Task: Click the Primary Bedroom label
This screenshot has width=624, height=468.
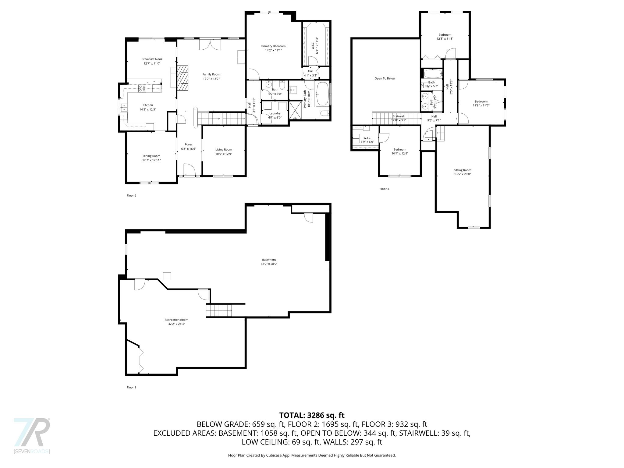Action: point(273,46)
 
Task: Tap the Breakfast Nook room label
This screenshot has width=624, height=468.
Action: point(152,59)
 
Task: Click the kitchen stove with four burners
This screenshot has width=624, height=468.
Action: point(142,88)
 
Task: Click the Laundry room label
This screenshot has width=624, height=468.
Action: point(275,113)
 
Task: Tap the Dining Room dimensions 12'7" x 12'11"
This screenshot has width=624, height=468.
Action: point(151,160)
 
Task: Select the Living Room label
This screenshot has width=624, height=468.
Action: point(224,150)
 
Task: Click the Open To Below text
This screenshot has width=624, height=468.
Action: point(385,78)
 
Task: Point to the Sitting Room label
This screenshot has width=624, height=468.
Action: point(463,170)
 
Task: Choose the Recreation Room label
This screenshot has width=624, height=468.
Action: point(176,320)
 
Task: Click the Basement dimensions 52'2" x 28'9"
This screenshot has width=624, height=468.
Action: point(269,264)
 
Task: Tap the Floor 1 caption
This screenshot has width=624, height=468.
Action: point(131,387)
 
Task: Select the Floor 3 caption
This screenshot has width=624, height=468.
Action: point(384,189)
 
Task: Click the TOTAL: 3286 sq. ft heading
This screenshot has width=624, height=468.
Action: point(312,415)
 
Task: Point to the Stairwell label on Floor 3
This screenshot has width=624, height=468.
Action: point(399,116)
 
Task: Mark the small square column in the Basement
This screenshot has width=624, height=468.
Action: point(167,276)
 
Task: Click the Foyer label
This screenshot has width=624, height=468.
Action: point(189,144)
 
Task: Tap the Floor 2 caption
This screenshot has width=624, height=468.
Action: point(131,196)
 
